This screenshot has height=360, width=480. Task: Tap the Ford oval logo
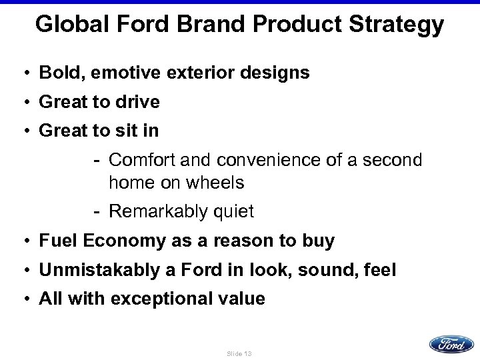coord(451,344)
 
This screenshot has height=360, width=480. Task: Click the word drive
coord(137,102)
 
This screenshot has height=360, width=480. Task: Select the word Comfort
coord(137,161)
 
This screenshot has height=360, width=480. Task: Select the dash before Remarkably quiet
coord(97,212)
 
